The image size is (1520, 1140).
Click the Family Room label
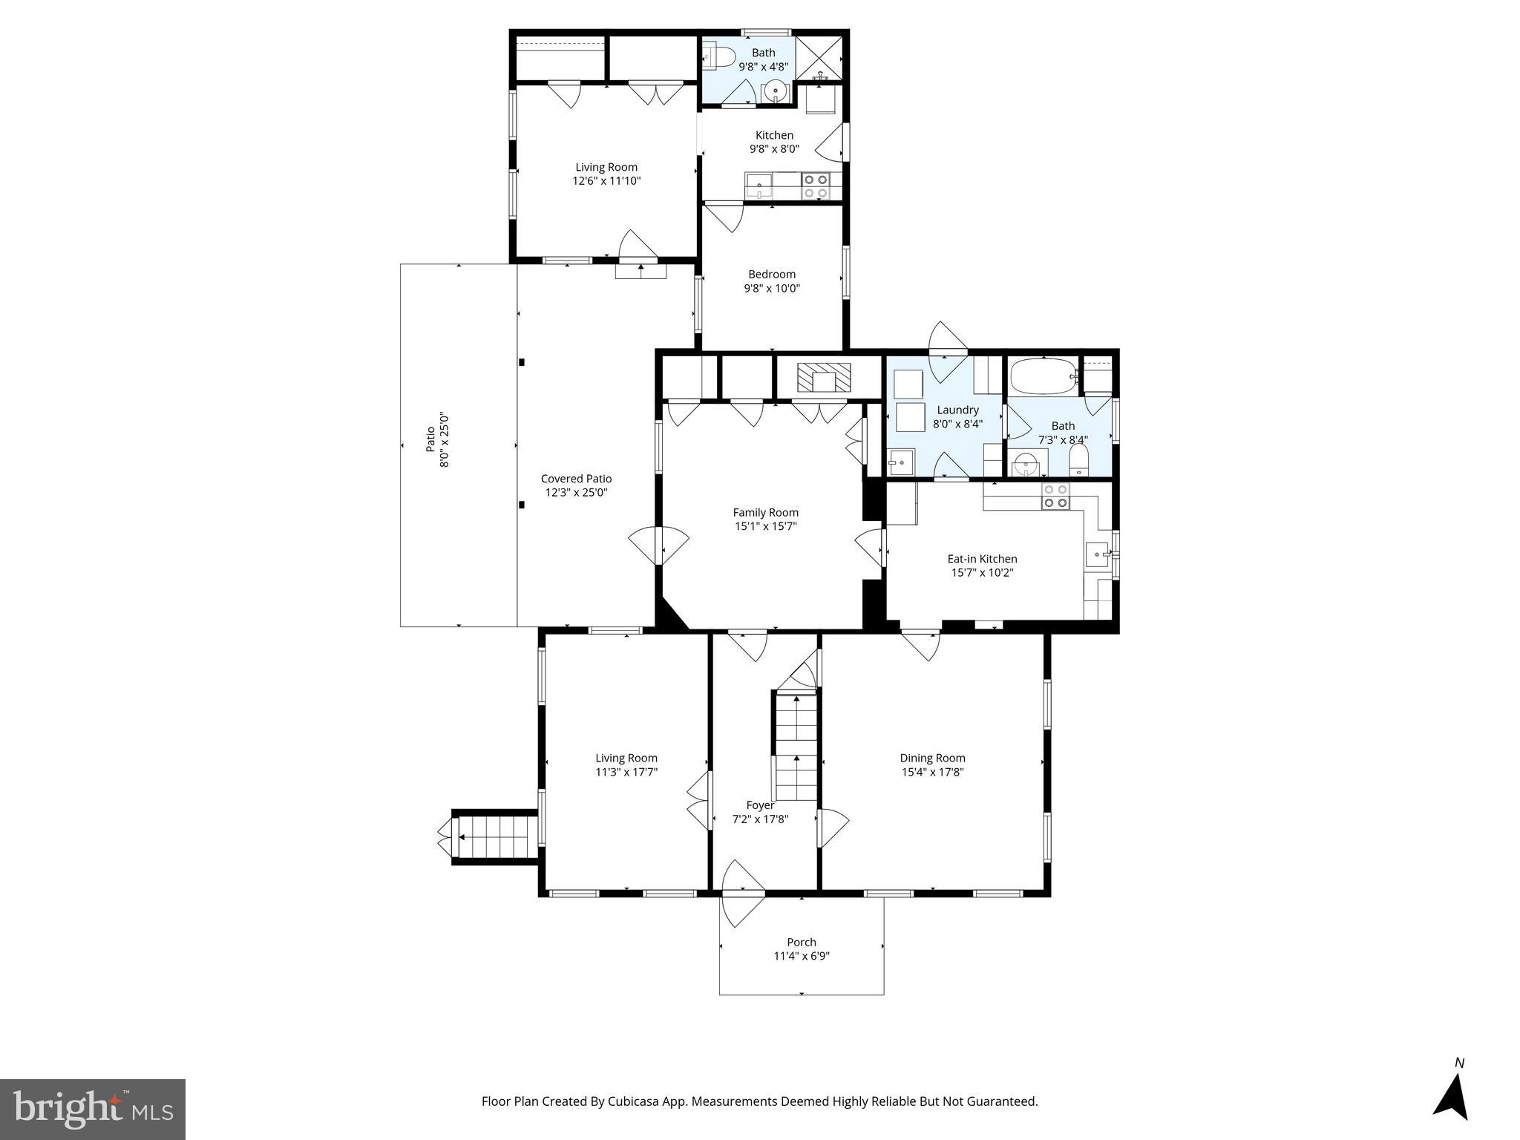(765, 512)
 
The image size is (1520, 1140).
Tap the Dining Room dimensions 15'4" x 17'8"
(932, 772)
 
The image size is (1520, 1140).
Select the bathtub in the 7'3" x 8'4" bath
(1042, 376)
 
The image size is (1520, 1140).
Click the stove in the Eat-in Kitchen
(1055, 496)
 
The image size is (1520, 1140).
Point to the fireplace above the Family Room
(824, 378)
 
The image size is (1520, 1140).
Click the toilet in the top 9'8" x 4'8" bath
(719, 56)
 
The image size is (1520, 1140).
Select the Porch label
(802, 942)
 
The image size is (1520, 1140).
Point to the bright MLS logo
(93, 1109)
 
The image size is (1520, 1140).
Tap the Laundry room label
(957, 410)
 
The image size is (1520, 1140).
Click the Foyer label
(760, 805)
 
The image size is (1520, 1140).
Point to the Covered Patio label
(576, 479)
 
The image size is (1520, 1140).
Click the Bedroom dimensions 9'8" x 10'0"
(772, 288)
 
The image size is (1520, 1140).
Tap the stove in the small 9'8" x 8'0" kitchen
(816, 186)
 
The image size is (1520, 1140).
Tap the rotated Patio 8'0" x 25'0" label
(437, 439)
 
